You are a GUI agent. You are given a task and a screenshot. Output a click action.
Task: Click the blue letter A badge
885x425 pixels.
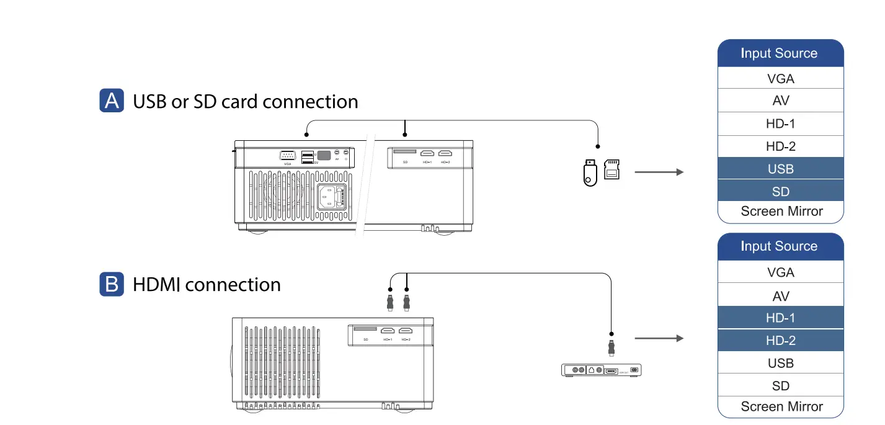point(112,101)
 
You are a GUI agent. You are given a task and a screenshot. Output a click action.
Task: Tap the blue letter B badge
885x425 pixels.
point(112,284)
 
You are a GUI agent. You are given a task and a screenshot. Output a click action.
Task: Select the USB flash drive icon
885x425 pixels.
point(590,172)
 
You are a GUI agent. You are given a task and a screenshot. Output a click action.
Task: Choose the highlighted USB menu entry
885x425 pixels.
point(780,169)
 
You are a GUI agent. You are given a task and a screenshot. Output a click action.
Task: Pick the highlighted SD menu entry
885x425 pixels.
point(780,191)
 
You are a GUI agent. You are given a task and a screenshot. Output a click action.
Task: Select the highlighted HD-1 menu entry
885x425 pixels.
point(780,318)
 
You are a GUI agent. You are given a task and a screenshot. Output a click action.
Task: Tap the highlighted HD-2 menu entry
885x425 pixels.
point(780,341)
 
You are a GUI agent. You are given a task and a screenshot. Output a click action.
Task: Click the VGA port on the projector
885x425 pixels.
point(287,155)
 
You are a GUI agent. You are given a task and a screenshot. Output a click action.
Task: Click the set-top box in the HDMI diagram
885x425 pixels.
point(601,370)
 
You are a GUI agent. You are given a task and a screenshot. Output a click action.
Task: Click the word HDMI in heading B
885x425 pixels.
point(158,285)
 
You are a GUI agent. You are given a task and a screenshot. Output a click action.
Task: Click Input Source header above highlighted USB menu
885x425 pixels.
point(780,53)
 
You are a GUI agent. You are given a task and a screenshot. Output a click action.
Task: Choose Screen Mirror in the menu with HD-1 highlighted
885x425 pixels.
point(781,406)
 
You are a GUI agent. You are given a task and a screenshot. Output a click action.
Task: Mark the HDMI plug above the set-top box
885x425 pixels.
point(611,347)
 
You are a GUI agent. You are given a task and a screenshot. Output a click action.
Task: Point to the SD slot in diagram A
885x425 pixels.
point(405,152)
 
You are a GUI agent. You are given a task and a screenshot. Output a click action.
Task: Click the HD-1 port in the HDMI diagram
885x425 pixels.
point(388,331)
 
